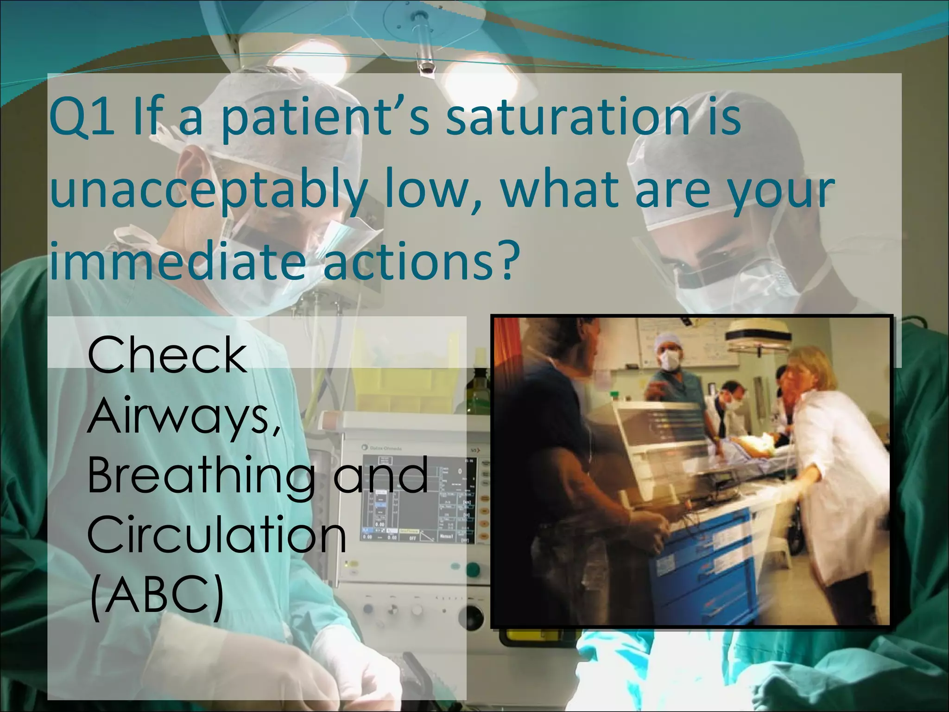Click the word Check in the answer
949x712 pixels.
(x=167, y=356)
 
